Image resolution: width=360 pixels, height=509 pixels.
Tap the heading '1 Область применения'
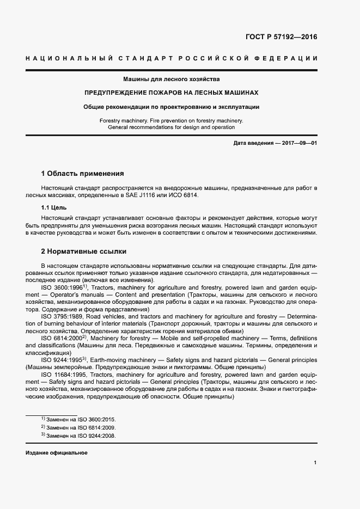pos(82,174)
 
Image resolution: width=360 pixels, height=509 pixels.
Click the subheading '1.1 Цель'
pos(55,207)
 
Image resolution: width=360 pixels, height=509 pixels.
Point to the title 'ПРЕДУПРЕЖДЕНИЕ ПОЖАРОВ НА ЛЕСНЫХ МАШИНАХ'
pos(171,93)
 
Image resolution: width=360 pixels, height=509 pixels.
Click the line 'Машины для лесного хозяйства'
pos(171,79)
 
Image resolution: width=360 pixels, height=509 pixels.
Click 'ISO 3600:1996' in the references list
pos(62,287)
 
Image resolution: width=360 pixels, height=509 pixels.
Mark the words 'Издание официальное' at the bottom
pos(57,453)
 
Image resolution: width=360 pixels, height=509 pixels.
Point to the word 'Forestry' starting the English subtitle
pos(111,120)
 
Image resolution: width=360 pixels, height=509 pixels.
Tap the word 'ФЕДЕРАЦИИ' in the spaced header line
pos(287,58)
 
